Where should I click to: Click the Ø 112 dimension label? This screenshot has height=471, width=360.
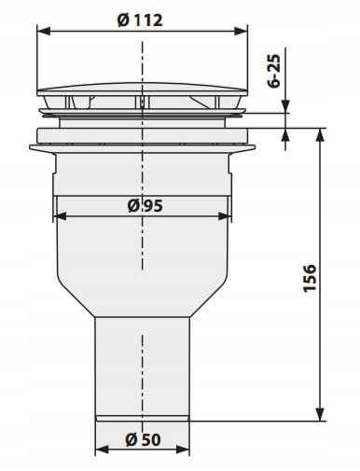click(140, 21)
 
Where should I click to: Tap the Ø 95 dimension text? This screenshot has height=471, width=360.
click(145, 205)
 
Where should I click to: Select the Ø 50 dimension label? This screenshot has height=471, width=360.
click(143, 439)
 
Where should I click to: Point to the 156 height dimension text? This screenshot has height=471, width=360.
click(310, 278)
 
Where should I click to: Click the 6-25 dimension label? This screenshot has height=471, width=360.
click(274, 71)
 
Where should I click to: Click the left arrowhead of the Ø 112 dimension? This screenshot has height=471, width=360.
click(44, 31)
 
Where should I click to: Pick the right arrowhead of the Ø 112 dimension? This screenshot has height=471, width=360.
click(241, 31)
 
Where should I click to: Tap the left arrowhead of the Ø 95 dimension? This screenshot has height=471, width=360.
click(60, 216)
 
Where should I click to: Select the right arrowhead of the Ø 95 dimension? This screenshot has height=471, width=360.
click(225, 216)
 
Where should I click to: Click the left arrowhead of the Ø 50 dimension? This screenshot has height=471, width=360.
click(102, 450)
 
